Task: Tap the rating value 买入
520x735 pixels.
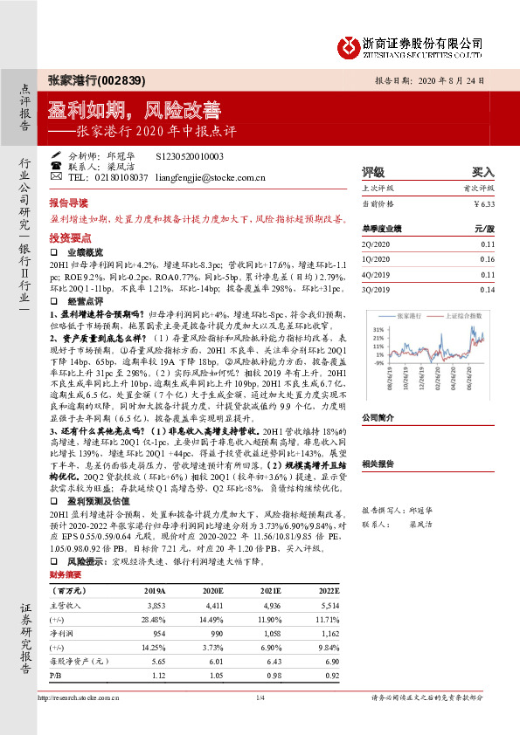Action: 483,171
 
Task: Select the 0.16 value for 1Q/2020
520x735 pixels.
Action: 487,259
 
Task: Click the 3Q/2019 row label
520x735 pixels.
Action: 375,289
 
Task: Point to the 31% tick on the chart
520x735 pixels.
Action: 378,329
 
